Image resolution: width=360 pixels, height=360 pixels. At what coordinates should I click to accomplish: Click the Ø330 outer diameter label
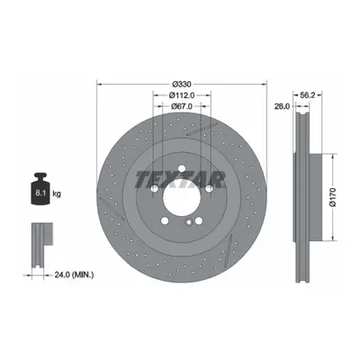coord(182,84)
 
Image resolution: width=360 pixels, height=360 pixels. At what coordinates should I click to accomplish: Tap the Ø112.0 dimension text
coord(182,95)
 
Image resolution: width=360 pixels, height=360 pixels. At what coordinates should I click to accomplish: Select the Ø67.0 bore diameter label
coord(181,106)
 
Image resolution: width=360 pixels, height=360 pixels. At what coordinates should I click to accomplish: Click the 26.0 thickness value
coord(282,106)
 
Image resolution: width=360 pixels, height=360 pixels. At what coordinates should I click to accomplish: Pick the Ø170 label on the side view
coord(332,197)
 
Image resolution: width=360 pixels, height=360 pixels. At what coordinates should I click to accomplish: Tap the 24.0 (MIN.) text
coord(74,274)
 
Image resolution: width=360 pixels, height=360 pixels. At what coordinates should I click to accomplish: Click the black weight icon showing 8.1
coord(40,189)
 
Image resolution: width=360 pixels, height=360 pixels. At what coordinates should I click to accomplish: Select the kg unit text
coord(57,194)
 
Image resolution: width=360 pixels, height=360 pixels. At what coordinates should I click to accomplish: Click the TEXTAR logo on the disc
coord(180,180)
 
